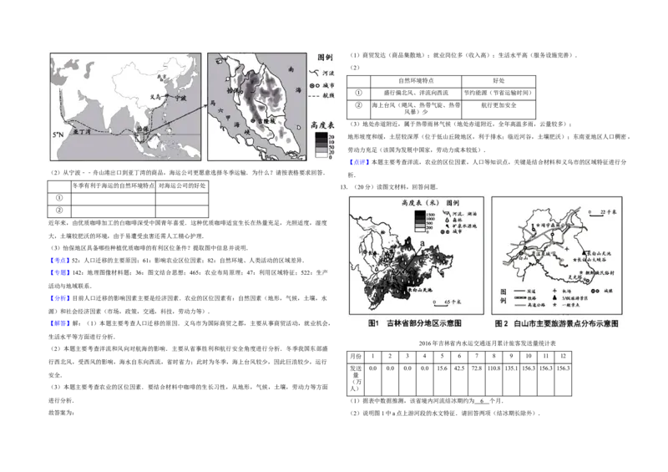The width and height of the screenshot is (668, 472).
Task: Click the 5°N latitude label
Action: click(58, 134)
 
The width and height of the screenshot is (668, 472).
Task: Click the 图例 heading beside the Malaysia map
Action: click(325, 59)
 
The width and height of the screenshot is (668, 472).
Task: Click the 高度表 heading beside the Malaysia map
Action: click(323, 124)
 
